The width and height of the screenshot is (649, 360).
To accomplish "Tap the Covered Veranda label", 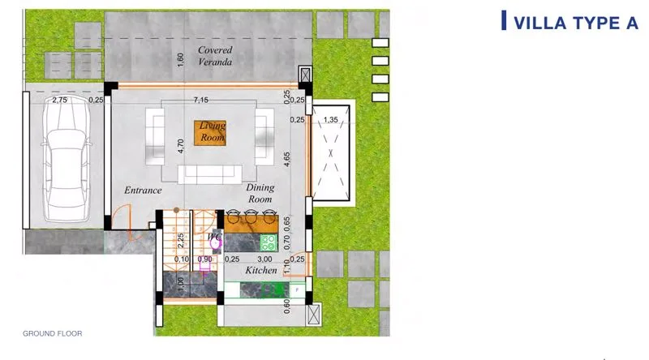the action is coord(215,55).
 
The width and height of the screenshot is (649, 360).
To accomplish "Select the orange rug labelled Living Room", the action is coord(210,133).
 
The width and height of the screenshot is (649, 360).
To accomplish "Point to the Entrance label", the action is coord(143,191).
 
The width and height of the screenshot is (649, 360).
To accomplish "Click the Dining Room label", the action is coord(260,193).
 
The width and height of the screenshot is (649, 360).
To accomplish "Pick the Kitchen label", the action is coord(260,270).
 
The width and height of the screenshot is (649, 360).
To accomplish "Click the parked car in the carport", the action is coord(67,159).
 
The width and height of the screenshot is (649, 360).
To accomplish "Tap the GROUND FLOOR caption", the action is coord(53,333).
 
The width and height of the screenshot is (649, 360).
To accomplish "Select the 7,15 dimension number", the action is coord(200,100).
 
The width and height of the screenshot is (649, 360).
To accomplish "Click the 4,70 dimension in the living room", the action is coord(180,146).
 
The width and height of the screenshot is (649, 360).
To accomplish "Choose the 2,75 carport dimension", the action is coord(60,100).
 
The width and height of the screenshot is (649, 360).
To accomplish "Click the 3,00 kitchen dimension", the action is coord(265,259).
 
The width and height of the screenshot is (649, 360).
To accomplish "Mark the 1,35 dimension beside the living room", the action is coord(331,119).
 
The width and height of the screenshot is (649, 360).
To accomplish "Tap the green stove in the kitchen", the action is coord(269,243).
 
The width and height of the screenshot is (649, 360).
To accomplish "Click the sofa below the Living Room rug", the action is coord(210,174).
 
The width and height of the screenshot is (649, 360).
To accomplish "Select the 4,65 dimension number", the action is coord(287,159).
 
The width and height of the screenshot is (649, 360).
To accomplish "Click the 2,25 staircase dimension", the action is coord(180,241).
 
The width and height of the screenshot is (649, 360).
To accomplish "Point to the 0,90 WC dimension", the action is coord(205,259).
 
